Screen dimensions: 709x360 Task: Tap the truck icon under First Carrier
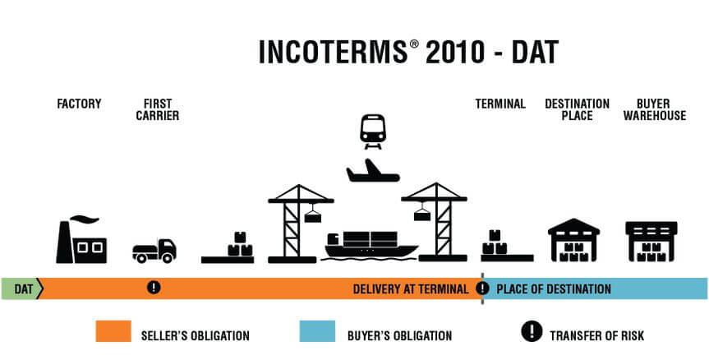154,251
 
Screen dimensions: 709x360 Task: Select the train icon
373,132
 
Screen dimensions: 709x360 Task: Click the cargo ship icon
370,247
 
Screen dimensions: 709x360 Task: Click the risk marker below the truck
154,287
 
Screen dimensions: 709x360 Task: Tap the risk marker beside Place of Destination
482,288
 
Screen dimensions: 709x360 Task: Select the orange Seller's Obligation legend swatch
113,331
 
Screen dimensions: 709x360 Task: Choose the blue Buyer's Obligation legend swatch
317,331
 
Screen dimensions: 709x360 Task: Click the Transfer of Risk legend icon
532,331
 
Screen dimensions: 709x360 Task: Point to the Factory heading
79,104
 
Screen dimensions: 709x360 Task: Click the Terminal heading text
500,104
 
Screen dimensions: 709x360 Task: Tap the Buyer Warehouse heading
654,110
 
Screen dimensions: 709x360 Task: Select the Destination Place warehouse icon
573,240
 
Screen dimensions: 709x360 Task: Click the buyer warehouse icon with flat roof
651,242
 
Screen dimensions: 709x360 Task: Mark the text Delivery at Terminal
411,289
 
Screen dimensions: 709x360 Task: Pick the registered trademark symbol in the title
415,44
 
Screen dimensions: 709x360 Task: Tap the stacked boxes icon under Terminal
507,246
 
